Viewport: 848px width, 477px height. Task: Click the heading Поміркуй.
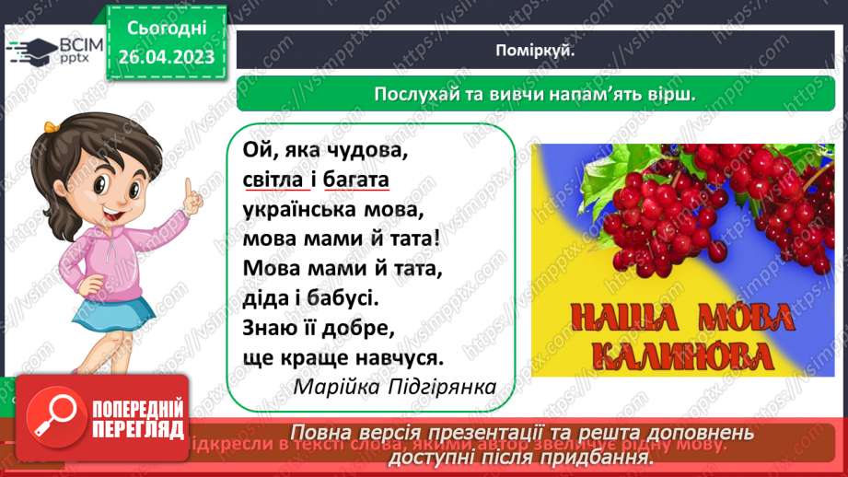click(540, 51)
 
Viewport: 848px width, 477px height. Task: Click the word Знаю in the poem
click(270, 327)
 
